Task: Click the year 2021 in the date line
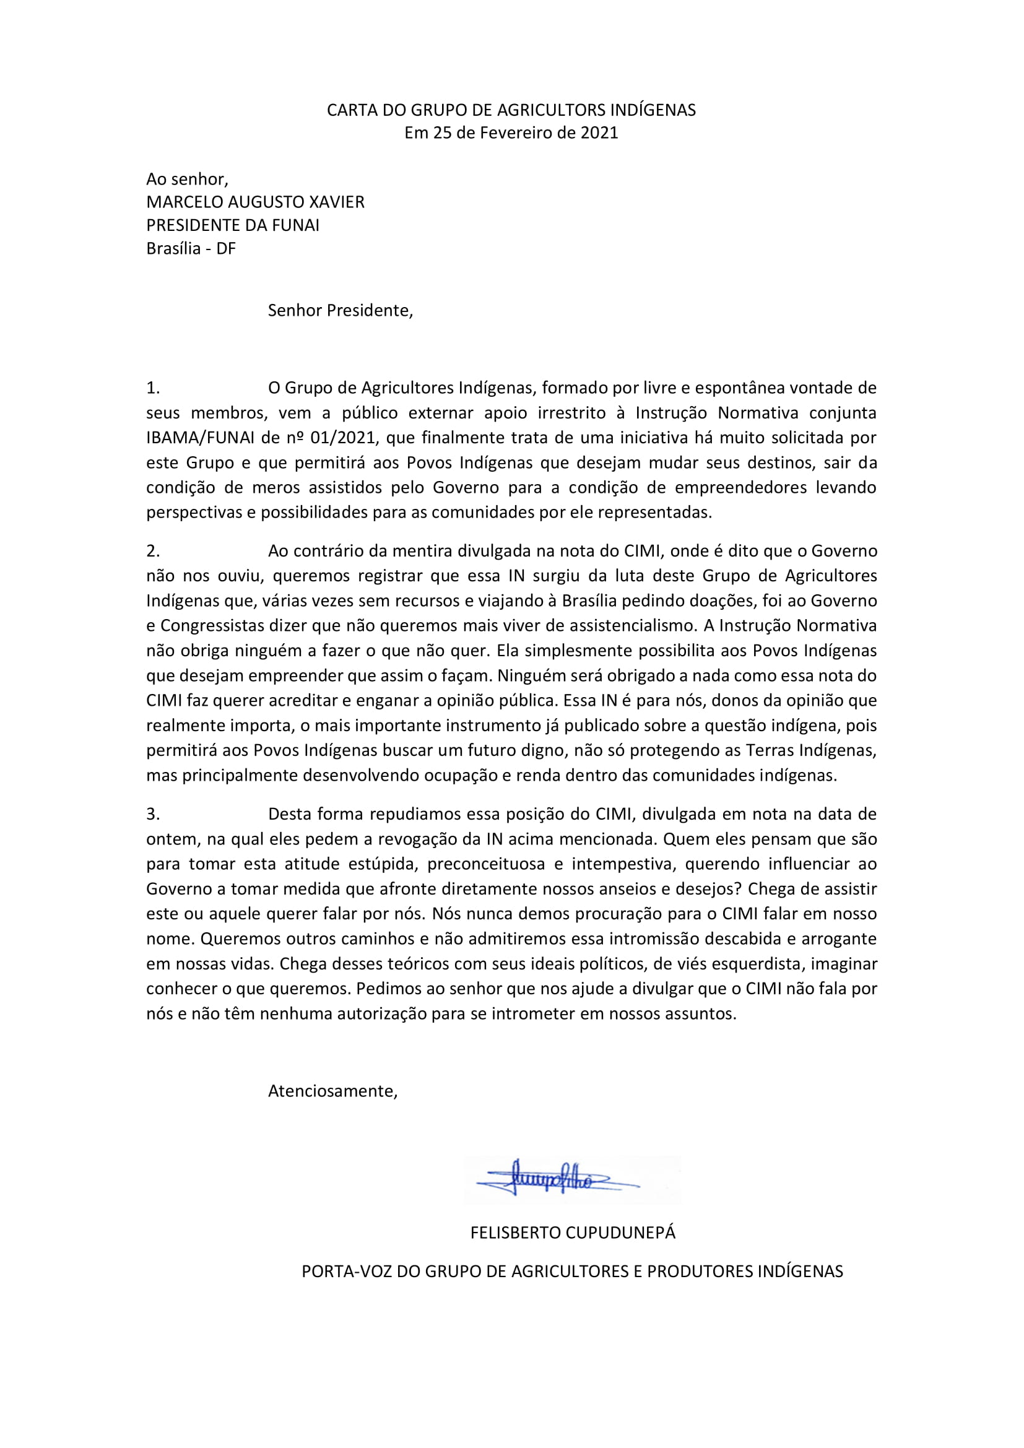[x=599, y=133]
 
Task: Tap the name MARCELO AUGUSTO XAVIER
[x=255, y=202]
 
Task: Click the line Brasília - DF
[x=191, y=248]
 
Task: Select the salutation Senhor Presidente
[x=340, y=310]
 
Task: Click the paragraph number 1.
[x=152, y=388]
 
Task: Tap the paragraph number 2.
[x=152, y=551]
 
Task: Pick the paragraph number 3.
[x=152, y=814]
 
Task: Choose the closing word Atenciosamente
[x=332, y=1091]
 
